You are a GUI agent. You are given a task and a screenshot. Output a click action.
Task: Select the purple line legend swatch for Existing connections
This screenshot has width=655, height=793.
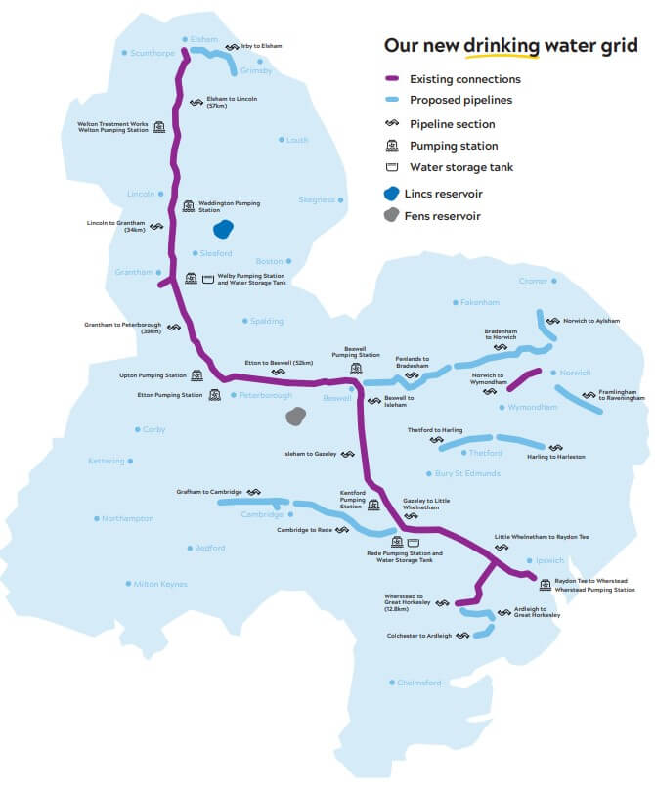point(392,79)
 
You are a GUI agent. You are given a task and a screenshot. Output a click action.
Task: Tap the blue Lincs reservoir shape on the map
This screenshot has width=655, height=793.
point(224,231)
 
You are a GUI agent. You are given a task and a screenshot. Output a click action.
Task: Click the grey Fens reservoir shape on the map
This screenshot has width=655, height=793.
point(293,417)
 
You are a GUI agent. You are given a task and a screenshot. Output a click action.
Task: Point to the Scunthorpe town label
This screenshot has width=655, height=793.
point(151,54)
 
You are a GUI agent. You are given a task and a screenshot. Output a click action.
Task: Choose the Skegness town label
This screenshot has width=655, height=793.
point(317,199)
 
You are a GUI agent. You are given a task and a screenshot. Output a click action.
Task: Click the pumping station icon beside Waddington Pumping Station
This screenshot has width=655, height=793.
point(189,206)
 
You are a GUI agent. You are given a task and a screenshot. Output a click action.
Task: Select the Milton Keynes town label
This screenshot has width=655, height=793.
point(159,584)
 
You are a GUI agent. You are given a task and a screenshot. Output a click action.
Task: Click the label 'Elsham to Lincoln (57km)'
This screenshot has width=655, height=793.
point(231,102)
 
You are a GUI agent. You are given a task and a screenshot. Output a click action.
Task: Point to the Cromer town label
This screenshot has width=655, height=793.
point(534,281)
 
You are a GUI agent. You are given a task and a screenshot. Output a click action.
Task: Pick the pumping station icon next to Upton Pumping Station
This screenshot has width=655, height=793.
point(196,375)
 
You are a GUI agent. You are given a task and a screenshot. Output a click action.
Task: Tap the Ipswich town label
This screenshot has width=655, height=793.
point(550,560)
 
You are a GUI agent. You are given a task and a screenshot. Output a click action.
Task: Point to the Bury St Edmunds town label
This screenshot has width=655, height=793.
point(467,473)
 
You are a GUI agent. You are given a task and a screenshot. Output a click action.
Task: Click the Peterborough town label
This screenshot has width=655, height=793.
point(266,395)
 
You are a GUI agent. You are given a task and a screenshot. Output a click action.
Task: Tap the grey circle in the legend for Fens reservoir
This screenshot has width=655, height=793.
point(392,215)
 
